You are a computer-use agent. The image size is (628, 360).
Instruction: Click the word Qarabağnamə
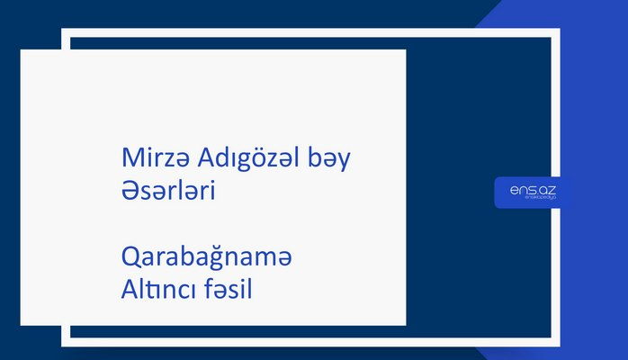point(207,258)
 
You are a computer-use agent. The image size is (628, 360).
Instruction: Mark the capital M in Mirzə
point(130,160)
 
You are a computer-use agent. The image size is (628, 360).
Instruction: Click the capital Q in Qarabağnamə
point(130,258)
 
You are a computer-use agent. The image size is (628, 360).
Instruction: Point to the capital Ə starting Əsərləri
point(130,193)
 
